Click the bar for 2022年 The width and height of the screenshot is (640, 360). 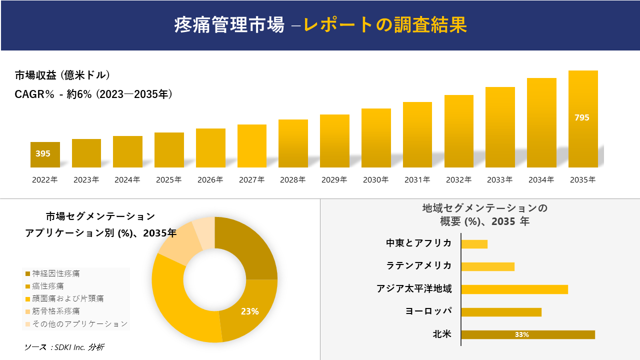(x=45, y=154)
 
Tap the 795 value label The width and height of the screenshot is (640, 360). (x=582, y=117)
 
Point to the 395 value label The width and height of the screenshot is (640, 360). (x=43, y=153)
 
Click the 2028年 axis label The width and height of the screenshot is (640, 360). (x=293, y=180)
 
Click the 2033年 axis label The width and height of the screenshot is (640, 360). (x=499, y=180)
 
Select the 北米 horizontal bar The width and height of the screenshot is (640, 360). (x=528, y=334)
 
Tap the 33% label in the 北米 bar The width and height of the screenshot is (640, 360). (x=521, y=335)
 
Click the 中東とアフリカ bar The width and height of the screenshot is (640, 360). (x=474, y=244)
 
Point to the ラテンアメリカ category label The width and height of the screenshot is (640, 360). (x=419, y=265)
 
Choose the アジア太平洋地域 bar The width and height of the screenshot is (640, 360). (x=514, y=289)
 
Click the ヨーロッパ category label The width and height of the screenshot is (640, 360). (x=428, y=311)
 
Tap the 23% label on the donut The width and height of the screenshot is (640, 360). (x=249, y=311)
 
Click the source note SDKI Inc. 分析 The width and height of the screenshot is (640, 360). (x=64, y=347)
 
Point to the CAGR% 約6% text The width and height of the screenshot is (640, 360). (x=93, y=94)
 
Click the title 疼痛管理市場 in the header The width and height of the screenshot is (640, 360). (x=229, y=24)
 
